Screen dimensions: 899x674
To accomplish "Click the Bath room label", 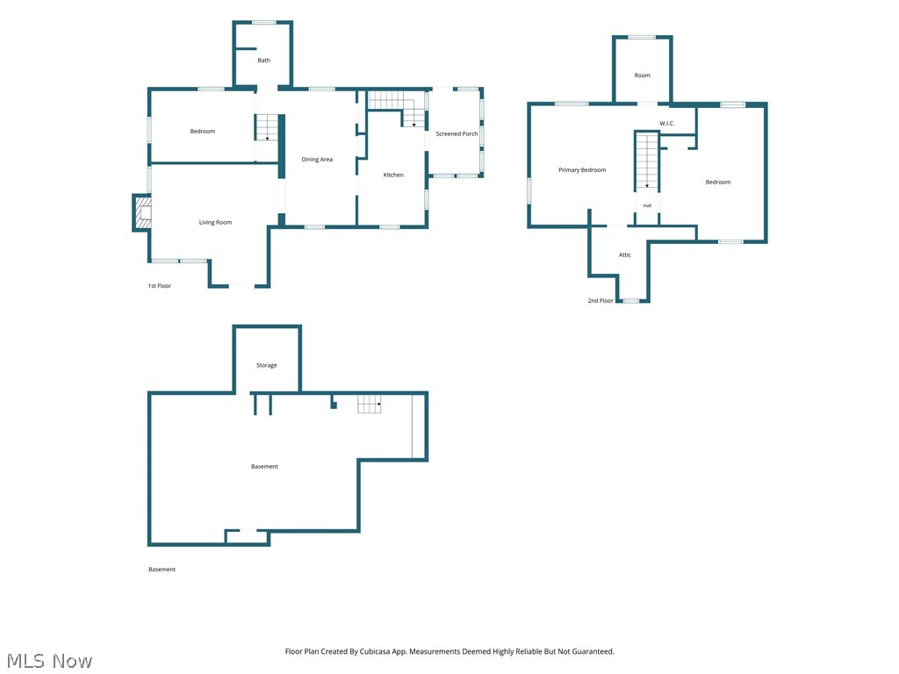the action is tap(263, 61).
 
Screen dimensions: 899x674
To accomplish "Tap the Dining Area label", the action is tap(317, 160).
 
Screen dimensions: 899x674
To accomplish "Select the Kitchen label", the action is tap(393, 175).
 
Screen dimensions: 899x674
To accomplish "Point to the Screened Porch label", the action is tap(457, 133).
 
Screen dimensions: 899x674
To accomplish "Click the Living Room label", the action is tap(216, 222).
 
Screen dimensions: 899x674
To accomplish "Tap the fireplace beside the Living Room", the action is tap(142, 212).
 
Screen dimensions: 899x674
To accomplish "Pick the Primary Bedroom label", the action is tap(582, 170).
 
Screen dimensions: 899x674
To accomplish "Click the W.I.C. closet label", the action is tap(667, 123).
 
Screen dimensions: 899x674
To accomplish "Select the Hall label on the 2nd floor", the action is tap(647, 205).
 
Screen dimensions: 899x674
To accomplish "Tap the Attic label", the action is tap(625, 255).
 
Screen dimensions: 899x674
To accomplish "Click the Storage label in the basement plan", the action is tap(267, 365).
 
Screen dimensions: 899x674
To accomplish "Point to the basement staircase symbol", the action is tap(370, 404).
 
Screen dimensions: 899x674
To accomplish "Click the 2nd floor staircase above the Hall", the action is tap(647, 161).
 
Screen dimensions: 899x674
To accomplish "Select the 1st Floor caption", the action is tap(160, 286).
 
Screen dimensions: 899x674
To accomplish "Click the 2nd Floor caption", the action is tap(601, 300).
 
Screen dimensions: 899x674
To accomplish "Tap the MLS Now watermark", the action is tap(50, 661).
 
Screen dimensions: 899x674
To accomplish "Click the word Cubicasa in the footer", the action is tap(375, 652).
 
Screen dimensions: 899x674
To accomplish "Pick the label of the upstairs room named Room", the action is tap(642, 75).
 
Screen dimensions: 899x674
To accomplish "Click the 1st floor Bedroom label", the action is tap(203, 132).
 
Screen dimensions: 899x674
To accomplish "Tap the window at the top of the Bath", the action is tap(263, 22).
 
